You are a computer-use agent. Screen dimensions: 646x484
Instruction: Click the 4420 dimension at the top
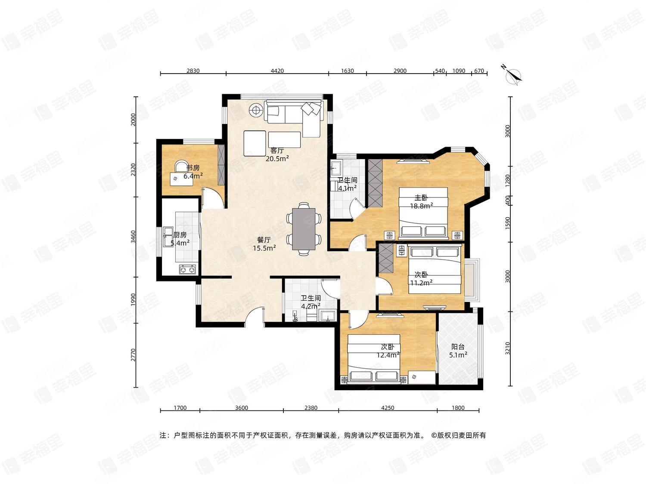(x=277, y=71)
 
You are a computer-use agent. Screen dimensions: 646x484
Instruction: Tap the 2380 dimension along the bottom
(x=311, y=408)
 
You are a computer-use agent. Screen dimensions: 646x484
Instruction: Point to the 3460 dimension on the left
(x=134, y=237)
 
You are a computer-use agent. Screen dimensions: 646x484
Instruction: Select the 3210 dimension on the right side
(x=508, y=348)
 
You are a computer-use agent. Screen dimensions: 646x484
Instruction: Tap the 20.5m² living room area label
(x=277, y=159)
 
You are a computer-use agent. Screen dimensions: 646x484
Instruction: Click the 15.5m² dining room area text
(x=264, y=248)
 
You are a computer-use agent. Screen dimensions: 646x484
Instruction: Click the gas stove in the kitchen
(x=188, y=269)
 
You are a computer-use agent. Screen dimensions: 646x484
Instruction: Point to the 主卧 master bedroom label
(x=421, y=197)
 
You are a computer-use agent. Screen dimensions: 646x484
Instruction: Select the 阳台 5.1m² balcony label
(x=458, y=351)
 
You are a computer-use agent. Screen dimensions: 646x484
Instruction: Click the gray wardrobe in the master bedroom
(x=375, y=182)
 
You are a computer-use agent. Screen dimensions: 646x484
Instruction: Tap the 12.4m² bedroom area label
(x=388, y=355)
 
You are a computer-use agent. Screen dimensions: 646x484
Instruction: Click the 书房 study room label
(x=193, y=168)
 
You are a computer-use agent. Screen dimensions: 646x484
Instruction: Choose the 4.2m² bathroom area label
(x=311, y=306)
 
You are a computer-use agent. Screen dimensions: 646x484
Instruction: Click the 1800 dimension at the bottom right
(x=458, y=408)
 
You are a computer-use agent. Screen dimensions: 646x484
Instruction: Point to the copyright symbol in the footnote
(x=434, y=435)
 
